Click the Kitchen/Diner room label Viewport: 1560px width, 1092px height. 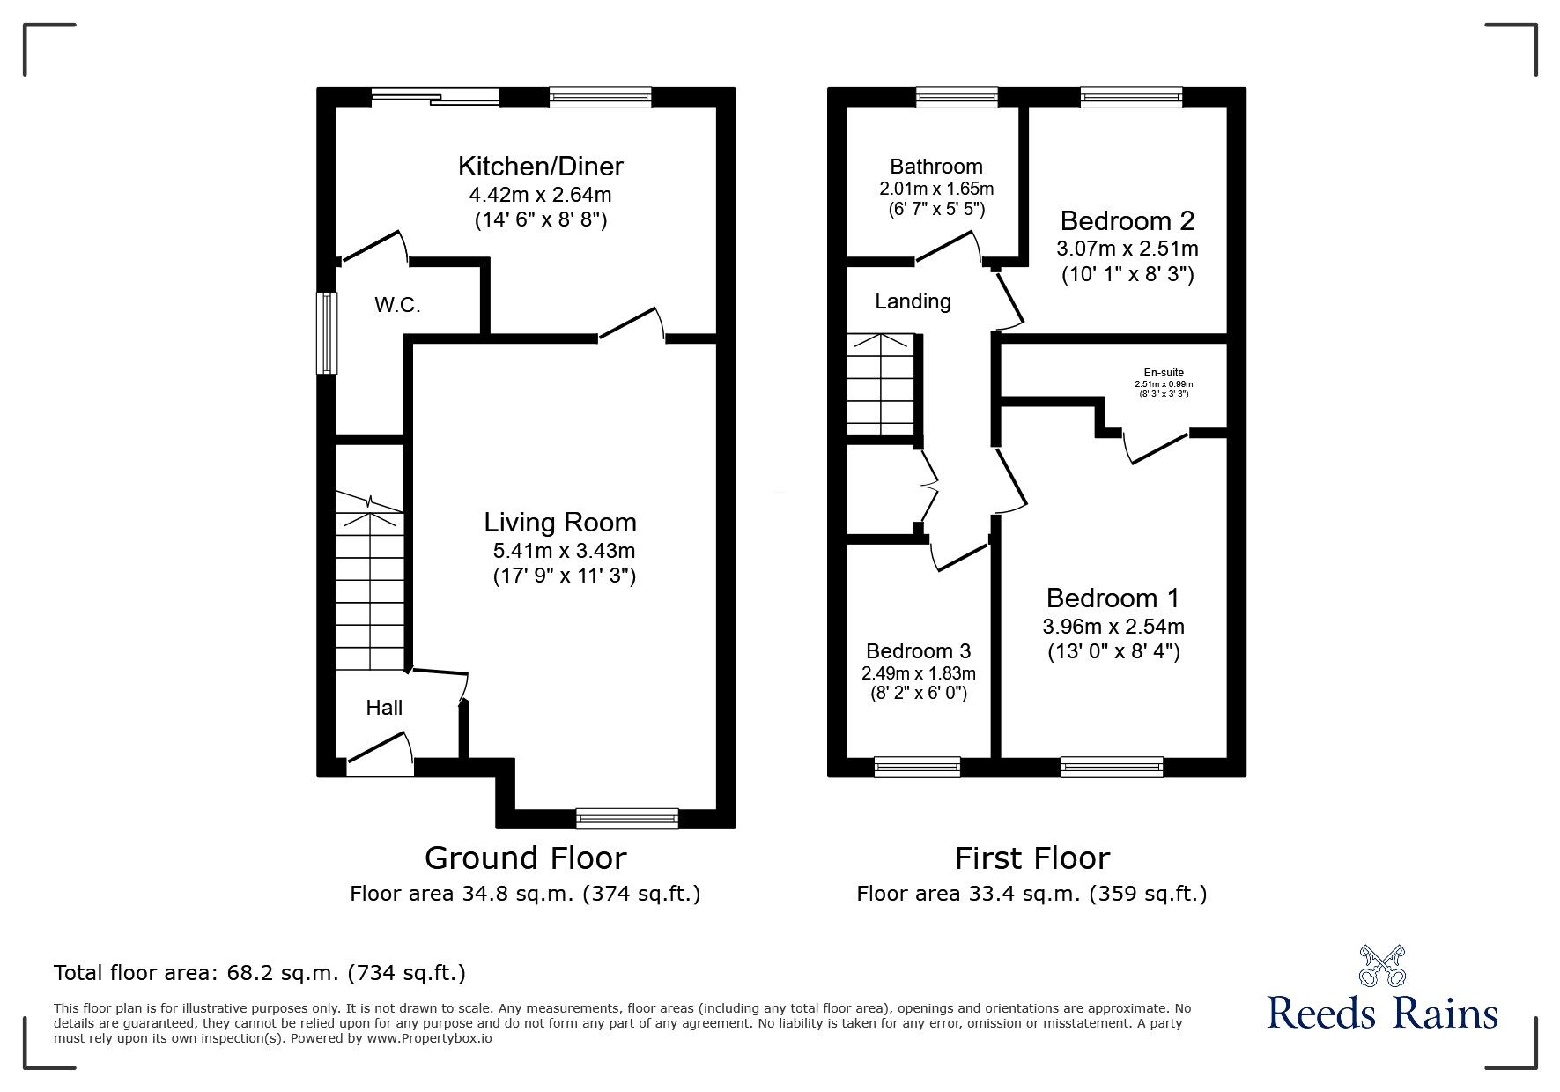pos(540,166)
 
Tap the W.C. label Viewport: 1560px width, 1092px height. pos(397,306)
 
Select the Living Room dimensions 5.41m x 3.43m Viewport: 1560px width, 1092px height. pos(564,552)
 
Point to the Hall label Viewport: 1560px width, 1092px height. pos(384,708)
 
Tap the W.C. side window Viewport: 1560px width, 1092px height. pos(327,333)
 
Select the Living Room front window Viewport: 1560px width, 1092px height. pos(627,819)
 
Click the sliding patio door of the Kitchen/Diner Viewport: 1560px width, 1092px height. pos(435,97)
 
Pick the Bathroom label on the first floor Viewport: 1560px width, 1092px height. pos(935,167)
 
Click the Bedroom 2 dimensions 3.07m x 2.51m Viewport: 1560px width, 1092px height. pos(1127,249)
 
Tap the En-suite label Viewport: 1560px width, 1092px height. pos(1163,373)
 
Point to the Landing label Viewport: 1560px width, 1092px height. pos(913,301)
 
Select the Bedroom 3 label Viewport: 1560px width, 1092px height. pos(918,651)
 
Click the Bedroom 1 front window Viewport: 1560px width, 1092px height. pos(1112,767)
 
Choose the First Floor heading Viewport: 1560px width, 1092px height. pos(1031,858)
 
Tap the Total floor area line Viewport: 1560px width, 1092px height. pos(260,973)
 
